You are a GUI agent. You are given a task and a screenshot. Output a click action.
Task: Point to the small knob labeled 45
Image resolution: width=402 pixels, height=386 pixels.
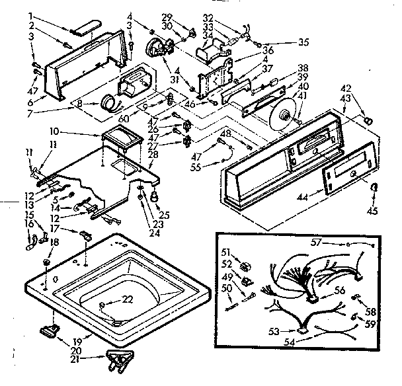tap(374, 188)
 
